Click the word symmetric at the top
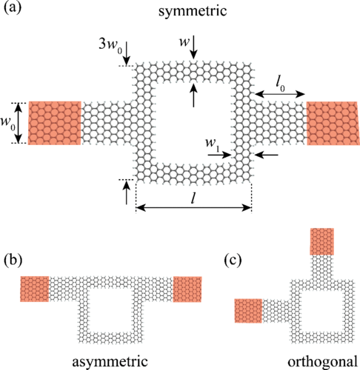point(193,11)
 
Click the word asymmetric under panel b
point(110,362)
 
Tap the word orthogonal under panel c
point(322,362)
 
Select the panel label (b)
point(13,260)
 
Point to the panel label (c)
point(233,260)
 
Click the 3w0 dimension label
point(110,45)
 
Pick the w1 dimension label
point(213,144)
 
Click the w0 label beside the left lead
point(8,123)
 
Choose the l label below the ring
point(193,198)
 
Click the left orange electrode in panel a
point(55,123)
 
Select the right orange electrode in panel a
point(333,123)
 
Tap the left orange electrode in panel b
point(35,289)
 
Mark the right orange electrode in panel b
point(187,289)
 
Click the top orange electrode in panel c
point(322,241)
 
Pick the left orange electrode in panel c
point(248,311)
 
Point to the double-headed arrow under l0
point(280,94)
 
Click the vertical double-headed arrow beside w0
point(19,123)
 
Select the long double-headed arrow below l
point(193,208)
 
